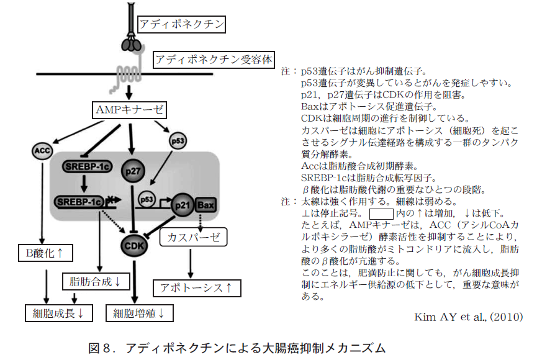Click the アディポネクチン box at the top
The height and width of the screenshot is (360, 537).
point(181,25)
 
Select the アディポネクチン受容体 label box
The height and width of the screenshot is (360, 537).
point(214,60)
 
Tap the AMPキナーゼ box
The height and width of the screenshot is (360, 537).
point(130,110)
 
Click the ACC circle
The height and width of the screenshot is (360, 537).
point(42,151)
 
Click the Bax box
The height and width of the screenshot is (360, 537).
point(205,205)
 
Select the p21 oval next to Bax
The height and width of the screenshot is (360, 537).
point(182,205)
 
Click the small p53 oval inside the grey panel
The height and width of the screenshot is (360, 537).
point(147,199)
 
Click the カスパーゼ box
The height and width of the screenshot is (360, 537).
point(193,236)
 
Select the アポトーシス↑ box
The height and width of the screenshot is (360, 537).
point(196,288)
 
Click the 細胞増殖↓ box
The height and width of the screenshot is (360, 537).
point(138,313)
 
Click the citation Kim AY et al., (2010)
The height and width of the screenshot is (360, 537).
point(468,317)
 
